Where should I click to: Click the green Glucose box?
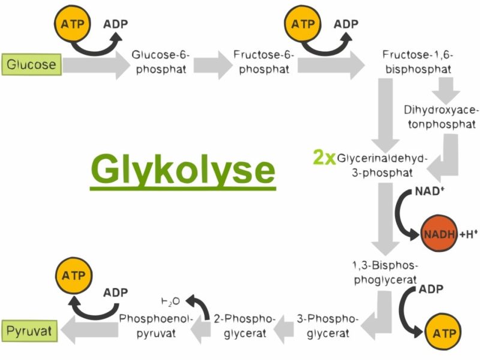pyautogui.click(x=31, y=64)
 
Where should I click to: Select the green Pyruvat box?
pyautogui.click(x=31, y=330)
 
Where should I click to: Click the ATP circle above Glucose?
pyautogui.click(x=71, y=25)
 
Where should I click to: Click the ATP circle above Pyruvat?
pyautogui.click(x=71, y=277)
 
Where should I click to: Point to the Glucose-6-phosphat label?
pyautogui.click(x=161, y=62)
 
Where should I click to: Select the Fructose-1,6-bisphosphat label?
pyautogui.click(x=418, y=62)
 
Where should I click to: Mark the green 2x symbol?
pyautogui.click(x=324, y=158)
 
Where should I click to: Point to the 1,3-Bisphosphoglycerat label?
pyautogui.click(x=385, y=271)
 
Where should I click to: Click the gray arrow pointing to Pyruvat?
pyautogui.click(x=90, y=329)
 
